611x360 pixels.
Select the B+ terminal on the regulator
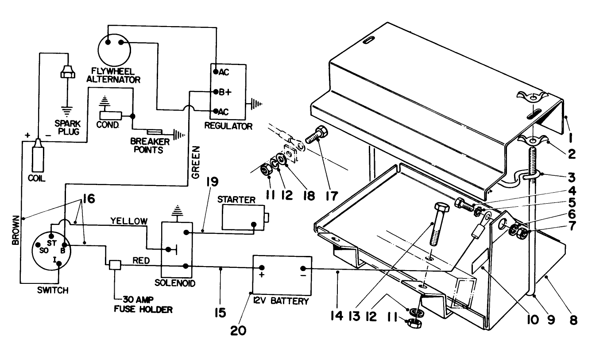[x=215, y=92]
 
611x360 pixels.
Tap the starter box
[x=242, y=217]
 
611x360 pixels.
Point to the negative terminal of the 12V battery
[x=303, y=268]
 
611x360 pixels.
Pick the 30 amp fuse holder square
[x=115, y=264]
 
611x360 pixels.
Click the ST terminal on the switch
[x=51, y=235]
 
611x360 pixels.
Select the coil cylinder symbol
[x=38, y=157]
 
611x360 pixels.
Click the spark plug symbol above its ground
[x=68, y=72]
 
